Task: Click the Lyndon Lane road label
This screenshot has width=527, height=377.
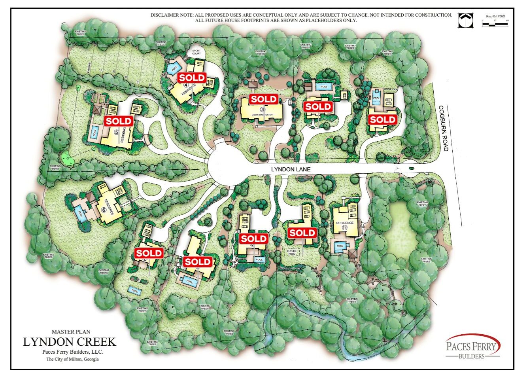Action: tap(291, 169)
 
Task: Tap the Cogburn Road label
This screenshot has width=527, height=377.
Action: tap(444, 128)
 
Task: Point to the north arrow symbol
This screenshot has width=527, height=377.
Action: tap(465, 20)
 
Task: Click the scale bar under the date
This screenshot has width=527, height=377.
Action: tap(495, 24)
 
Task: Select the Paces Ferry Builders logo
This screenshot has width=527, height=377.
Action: tap(472, 347)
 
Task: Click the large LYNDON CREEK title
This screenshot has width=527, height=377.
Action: tap(70, 342)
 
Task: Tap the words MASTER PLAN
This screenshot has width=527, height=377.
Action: tap(71, 332)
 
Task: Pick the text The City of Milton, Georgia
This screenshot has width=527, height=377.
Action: tap(72, 360)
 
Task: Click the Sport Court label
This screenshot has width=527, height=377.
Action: tap(196, 52)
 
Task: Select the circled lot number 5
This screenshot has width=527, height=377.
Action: tap(116, 132)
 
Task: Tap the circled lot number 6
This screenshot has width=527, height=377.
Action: tap(104, 210)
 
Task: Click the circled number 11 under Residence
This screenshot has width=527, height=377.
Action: tap(345, 228)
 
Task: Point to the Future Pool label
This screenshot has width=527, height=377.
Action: tap(292, 252)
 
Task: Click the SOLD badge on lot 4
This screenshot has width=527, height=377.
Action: tap(192, 78)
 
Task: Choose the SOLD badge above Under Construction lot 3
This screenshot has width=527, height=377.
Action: tap(264, 99)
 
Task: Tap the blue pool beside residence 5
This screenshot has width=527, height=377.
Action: tap(95, 133)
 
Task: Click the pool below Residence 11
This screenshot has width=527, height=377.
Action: tap(340, 246)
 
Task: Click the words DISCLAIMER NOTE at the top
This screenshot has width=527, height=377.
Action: tap(172, 15)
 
